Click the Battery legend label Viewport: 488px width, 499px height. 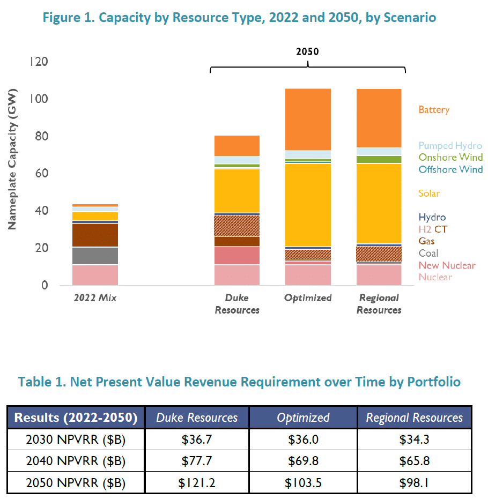click(x=434, y=110)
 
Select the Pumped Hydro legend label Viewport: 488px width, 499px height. click(x=450, y=146)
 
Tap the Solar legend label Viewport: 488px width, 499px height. click(x=429, y=193)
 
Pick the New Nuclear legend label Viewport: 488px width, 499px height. click(x=447, y=265)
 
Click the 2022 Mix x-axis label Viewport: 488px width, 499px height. click(x=95, y=298)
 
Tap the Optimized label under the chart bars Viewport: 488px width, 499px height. click(x=308, y=298)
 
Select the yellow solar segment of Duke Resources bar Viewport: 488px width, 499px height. click(x=237, y=190)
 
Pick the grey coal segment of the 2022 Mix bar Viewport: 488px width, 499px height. click(x=95, y=256)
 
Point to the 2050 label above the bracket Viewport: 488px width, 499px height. click(x=307, y=52)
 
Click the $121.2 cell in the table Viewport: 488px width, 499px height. click(x=196, y=483)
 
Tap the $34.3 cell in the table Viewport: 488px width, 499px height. click(x=415, y=439)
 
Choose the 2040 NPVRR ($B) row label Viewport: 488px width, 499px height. click(x=76, y=461)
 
